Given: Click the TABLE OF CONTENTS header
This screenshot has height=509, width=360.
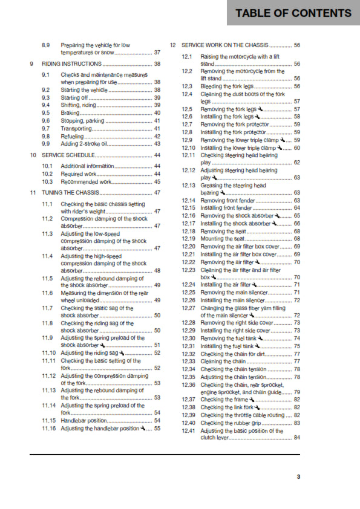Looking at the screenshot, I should tap(293, 13).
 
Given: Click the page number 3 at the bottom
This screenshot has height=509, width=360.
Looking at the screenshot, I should tap(298, 477).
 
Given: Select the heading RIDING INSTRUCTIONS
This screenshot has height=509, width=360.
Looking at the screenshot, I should tap(71, 63).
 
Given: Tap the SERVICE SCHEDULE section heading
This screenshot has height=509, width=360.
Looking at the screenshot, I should tap(69, 155).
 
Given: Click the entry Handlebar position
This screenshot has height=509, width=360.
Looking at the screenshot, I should tap(82, 420).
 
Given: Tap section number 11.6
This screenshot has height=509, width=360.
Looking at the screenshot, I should tap(48, 293).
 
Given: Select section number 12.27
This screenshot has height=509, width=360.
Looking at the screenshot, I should tap(189, 308).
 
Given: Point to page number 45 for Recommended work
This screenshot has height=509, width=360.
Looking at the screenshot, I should tap(157, 181).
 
